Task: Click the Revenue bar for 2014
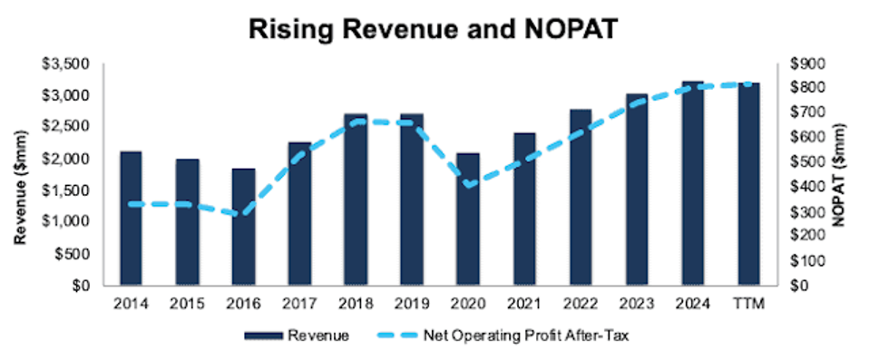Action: click(132, 219)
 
